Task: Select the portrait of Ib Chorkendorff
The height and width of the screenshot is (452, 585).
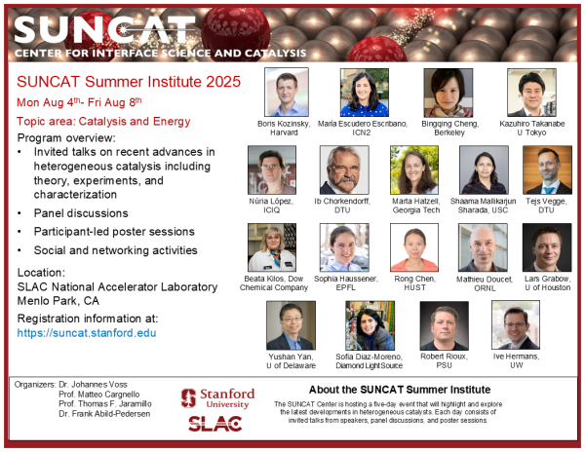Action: tap(343, 169)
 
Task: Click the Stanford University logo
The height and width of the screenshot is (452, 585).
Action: tap(217, 396)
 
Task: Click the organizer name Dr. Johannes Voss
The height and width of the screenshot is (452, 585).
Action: tap(96, 384)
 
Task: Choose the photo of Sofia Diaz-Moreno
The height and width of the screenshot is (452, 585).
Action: tap(370, 325)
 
